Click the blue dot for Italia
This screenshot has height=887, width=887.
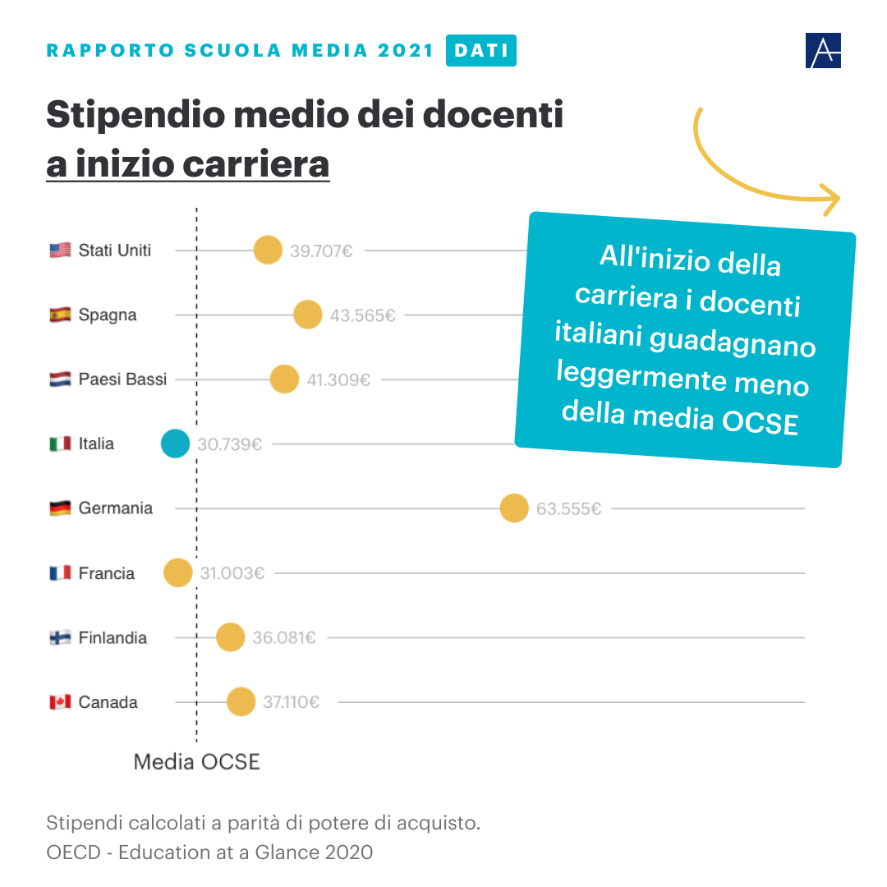tap(175, 443)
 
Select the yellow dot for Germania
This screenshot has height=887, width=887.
tap(514, 508)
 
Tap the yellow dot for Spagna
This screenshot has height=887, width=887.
tap(307, 315)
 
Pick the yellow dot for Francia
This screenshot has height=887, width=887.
tap(178, 572)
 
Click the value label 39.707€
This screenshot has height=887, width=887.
tap(321, 250)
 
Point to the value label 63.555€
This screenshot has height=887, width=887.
tap(568, 509)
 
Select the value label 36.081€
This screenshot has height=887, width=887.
tap(284, 637)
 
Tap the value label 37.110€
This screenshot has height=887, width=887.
tap(292, 702)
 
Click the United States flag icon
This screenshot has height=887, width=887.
tap(60, 250)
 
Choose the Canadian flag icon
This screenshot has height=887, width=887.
tap(60, 702)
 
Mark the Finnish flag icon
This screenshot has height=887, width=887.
tap(60, 637)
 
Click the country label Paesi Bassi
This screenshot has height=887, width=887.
tap(122, 379)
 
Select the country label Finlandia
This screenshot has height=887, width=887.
tap(113, 637)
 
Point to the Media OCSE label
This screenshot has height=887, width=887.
tap(197, 762)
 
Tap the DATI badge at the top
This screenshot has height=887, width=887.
tap(480, 51)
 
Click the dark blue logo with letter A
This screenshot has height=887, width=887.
tap(823, 51)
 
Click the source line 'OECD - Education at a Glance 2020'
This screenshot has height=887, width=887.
tap(209, 852)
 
